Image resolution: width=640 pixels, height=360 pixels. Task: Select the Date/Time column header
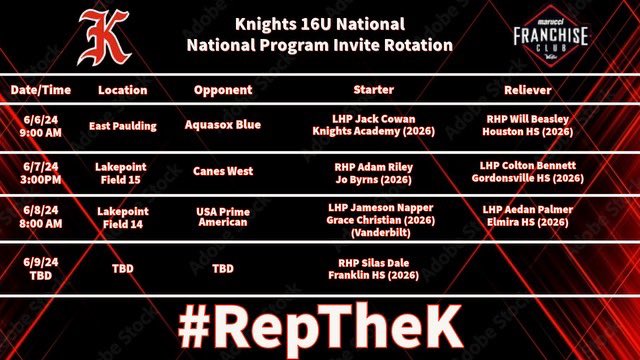41,90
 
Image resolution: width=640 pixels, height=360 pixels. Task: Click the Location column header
123,90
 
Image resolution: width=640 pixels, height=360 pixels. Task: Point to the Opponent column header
222,90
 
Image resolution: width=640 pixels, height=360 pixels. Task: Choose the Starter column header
371,90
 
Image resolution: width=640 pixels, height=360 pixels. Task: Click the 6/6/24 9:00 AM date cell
40,123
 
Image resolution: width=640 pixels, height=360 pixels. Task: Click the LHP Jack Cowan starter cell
371,124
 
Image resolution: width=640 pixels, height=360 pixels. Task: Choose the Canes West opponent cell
222,171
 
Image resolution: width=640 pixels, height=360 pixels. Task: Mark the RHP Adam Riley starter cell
371,171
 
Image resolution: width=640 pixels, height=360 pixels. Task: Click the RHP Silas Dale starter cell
371,268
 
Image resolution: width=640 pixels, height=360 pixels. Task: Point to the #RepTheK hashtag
320,325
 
